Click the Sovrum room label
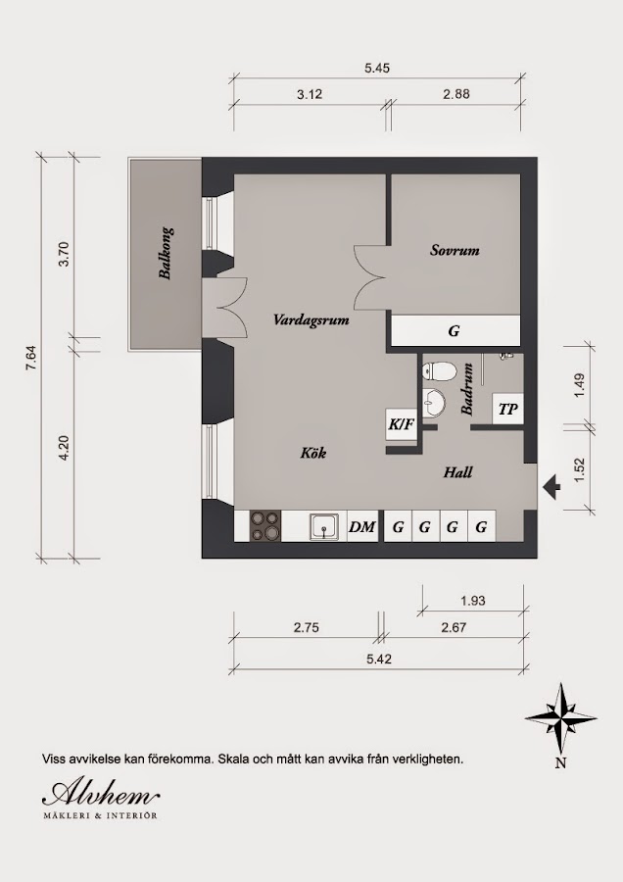point(455,250)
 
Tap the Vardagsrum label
point(311,320)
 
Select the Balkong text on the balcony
point(166,253)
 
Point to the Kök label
point(313,452)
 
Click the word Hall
point(457,472)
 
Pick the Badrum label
point(467,389)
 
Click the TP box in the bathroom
point(507,409)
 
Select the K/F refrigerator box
point(401,424)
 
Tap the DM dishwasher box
point(362,526)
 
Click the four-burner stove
point(265,526)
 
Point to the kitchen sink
point(324,526)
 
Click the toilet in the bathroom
point(440,371)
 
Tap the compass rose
point(560,718)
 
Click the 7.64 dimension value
point(30,357)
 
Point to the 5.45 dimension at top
point(377,68)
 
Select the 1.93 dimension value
point(472,601)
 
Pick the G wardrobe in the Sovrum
point(455,331)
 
